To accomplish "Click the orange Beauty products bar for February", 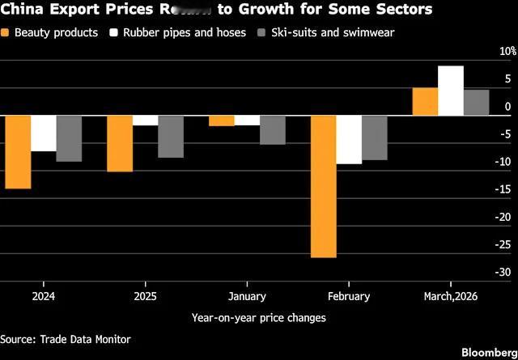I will pyautogui.click(x=324, y=186).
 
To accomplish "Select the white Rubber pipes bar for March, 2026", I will pyautogui.click(x=451, y=91).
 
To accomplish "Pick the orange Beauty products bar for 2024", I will pyautogui.click(x=18, y=152).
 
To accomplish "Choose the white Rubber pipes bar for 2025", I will pyautogui.click(x=145, y=121).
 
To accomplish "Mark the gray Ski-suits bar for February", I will pyautogui.click(x=374, y=138).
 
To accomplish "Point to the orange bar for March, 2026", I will pyautogui.click(x=425, y=101).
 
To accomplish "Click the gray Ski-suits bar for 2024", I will pyautogui.click(x=69, y=138).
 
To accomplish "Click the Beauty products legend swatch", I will pyautogui.click(x=6, y=33).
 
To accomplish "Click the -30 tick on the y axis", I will pyautogui.click(x=503, y=273).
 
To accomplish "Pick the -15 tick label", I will pyautogui.click(x=503, y=189).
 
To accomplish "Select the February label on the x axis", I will pyautogui.click(x=349, y=296).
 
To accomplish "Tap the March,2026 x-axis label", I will pyautogui.click(x=451, y=296).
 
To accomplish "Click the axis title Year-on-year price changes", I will pyautogui.click(x=259, y=318).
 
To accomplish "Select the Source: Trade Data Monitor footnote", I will pyautogui.click(x=65, y=340).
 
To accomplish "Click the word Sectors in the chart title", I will pyautogui.click(x=402, y=10).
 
